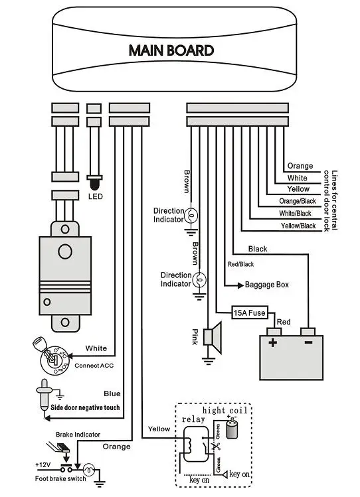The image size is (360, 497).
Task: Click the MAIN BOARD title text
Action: click(171, 50)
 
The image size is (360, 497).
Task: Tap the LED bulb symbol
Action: click(94, 184)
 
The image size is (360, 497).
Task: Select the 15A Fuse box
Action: click(250, 313)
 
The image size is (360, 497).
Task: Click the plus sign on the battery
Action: click(272, 342)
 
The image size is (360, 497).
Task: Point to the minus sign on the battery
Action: click(308, 342)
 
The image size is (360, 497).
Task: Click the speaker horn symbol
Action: click(213, 337)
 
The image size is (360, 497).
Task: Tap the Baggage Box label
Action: click(267, 285)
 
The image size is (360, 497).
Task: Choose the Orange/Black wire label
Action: click(298, 201)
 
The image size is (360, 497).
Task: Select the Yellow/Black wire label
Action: click(298, 226)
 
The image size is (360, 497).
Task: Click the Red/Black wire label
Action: click(240, 264)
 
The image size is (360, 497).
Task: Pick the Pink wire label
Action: click(195, 336)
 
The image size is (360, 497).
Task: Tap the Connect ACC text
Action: click(94, 366)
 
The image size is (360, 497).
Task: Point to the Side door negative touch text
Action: click(85, 407)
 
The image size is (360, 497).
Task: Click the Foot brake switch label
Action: click(60, 478)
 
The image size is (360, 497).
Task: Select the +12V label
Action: click(43, 464)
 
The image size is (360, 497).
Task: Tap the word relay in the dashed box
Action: click(193, 419)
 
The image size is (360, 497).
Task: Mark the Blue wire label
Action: click(112, 393)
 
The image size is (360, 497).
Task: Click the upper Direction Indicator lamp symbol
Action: click(191, 216)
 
